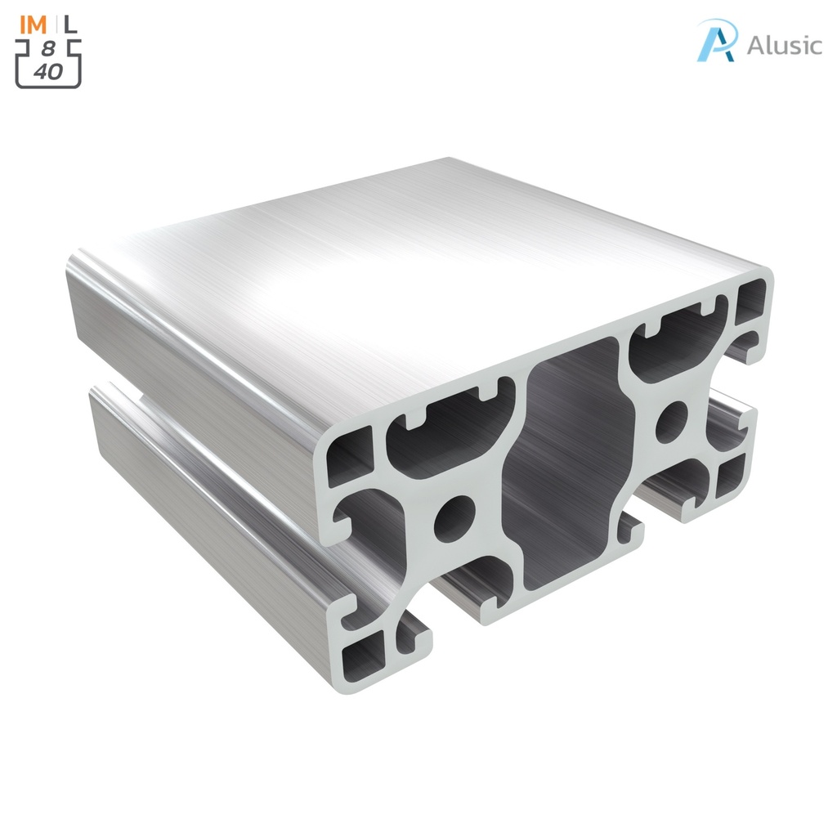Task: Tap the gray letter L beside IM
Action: coord(72,24)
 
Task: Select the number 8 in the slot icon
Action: coord(48,48)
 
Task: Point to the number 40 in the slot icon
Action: coord(48,71)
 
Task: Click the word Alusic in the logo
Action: coord(784,44)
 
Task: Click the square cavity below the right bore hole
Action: coord(729,476)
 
